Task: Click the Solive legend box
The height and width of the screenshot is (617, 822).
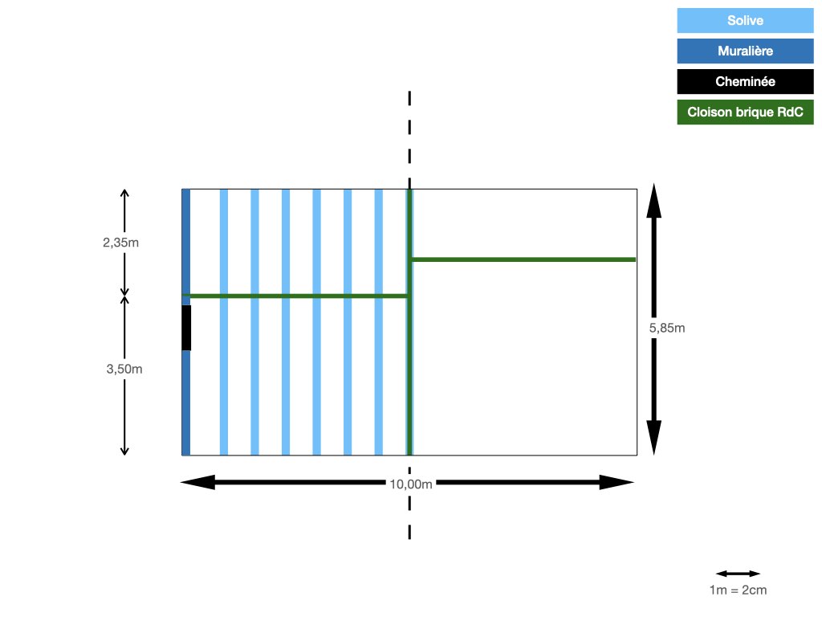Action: (745, 20)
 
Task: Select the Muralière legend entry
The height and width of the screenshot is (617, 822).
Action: (745, 51)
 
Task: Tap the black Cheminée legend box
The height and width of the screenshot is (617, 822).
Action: (745, 81)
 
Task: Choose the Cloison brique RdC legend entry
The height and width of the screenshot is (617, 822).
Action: (745, 112)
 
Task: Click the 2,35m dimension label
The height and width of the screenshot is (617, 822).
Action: (120, 243)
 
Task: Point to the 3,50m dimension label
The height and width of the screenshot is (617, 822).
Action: (124, 369)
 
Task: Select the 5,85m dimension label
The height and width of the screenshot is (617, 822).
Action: (667, 328)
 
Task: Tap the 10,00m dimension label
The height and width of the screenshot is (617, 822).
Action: (411, 484)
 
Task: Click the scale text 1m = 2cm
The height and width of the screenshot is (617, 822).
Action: (739, 590)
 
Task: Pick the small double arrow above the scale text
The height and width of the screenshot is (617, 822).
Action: (739, 574)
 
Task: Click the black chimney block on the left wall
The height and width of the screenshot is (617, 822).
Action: (186, 328)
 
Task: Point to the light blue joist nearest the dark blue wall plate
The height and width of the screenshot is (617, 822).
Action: (224, 322)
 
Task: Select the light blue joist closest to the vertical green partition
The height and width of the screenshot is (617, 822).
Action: (379, 322)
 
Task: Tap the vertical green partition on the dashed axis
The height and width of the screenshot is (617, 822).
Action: (409, 322)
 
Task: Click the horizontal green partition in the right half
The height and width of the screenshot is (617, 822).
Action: (523, 259)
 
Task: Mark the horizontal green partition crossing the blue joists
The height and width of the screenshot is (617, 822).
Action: (295, 296)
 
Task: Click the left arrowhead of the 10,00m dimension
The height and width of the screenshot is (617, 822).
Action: (197, 482)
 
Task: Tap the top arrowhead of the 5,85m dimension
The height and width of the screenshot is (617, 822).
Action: (653, 200)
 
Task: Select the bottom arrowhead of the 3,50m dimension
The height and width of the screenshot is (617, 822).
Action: (124, 451)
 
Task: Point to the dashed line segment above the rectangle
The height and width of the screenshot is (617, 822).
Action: (409, 140)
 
